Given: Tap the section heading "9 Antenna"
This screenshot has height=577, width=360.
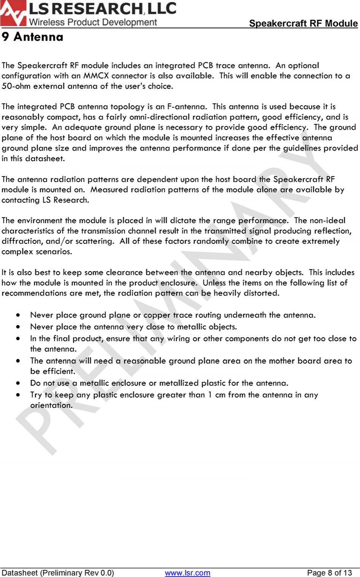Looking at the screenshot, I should (32, 37).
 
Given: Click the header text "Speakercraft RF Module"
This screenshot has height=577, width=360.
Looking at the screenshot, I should (303, 23).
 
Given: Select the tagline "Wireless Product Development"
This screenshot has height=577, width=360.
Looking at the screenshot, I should (93, 22).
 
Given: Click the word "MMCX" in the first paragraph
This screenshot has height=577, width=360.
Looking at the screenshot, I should (96, 76).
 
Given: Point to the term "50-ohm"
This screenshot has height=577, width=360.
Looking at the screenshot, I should (16, 86).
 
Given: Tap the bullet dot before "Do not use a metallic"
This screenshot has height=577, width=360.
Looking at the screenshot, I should (18, 383).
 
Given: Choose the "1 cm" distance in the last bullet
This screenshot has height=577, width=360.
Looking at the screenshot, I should (217, 395).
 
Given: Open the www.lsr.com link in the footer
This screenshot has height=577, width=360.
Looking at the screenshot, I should (187, 573).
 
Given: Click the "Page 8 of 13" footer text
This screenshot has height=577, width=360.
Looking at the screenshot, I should (329, 573).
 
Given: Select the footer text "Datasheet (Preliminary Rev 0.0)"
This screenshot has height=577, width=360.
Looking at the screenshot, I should (58, 573).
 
